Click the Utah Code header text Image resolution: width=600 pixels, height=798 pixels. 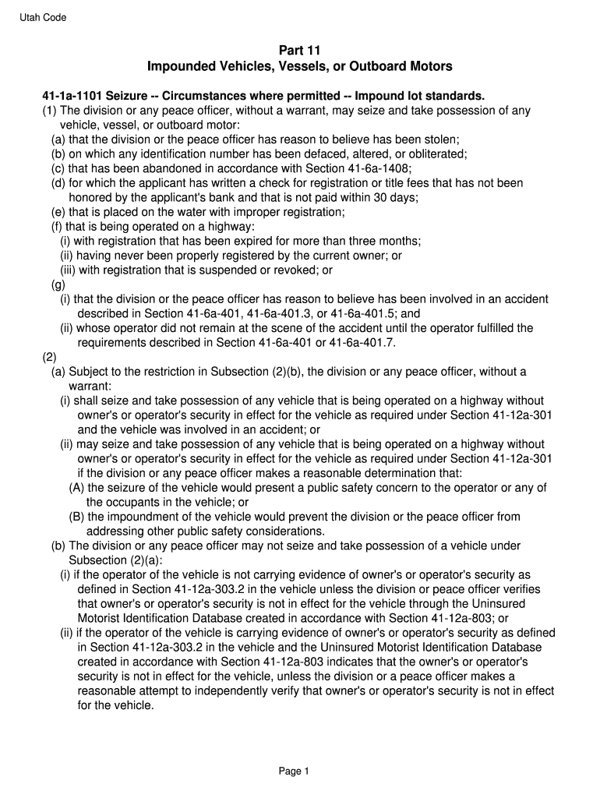(44, 18)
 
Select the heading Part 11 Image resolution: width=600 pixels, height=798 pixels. (300, 50)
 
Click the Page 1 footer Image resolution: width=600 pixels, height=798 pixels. (295, 772)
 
